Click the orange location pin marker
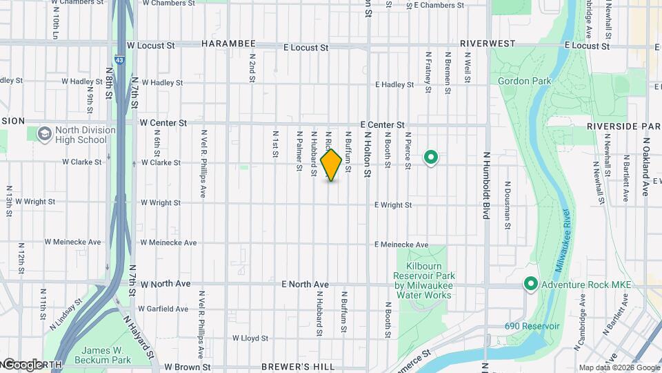click(331, 164)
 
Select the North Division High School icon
click(45, 133)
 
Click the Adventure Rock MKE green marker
click(531, 284)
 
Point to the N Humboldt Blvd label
click(486, 186)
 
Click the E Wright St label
click(393, 205)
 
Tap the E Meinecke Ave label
click(401, 245)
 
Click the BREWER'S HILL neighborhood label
click(299, 367)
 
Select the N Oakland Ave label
click(647, 166)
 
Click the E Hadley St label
click(394, 85)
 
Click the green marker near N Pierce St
click(432, 158)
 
